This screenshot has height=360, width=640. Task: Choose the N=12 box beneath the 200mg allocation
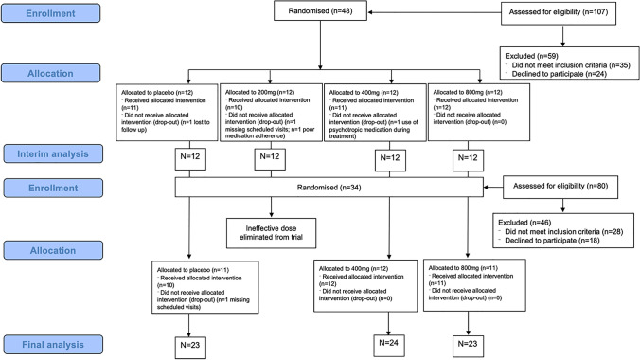tap(267, 156)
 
